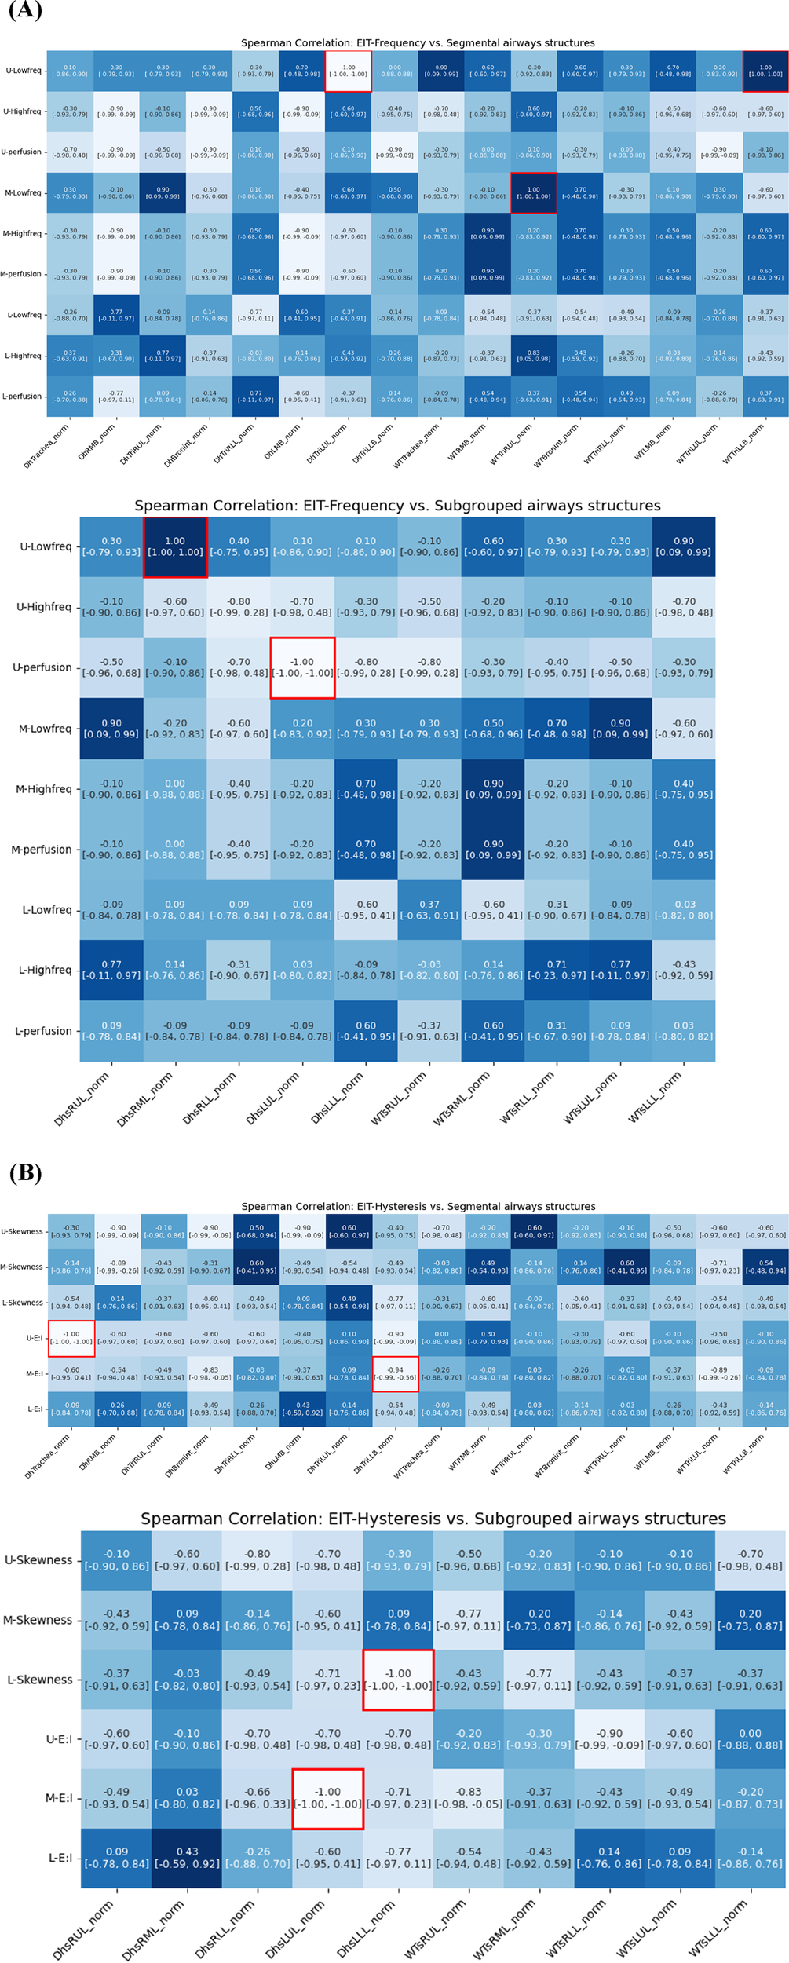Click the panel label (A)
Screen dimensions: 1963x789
coord(24,11)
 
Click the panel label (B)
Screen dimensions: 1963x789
coord(24,1173)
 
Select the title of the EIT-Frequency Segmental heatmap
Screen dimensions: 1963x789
coord(417,43)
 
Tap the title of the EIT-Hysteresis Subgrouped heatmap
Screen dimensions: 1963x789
coord(433,1519)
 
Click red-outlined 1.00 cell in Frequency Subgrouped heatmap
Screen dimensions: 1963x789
coord(175,546)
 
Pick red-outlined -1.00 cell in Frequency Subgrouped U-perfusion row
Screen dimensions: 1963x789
coord(302,667)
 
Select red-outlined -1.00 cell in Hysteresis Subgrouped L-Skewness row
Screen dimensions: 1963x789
coord(398,1680)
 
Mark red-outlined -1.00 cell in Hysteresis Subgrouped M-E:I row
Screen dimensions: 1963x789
coord(327,1798)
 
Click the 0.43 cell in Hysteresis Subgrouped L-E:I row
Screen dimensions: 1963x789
coord(187,1857)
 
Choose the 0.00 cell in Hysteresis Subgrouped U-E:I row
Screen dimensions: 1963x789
coord(750,1738)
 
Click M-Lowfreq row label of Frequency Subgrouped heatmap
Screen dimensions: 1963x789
coord(45,729)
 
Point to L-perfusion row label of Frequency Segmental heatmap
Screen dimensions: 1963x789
coord(21,397)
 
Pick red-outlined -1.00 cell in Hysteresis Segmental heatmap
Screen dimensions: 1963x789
coord(71,1338)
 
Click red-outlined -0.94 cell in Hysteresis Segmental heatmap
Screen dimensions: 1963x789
coord(395,1373)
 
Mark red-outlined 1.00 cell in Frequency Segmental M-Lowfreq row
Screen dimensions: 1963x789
coord(533,192)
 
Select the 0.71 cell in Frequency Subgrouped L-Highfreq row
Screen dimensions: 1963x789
coord(557,970)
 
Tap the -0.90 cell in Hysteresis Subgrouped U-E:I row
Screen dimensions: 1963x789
coord(609,1738)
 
